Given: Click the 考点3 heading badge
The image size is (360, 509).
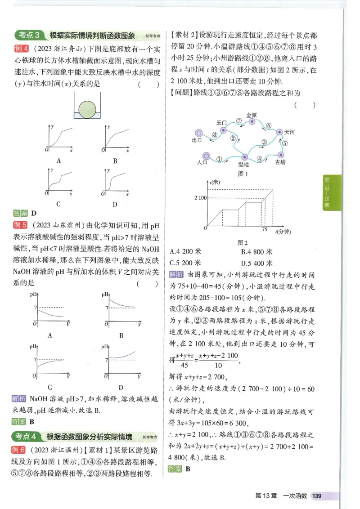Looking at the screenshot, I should click(x=28, y=36).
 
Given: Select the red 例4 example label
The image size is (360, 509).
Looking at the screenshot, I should click(x=21, y=49).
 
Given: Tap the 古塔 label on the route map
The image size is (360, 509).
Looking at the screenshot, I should click(x=280, y=162).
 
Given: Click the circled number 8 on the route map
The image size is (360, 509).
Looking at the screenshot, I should click(x=215, y=134).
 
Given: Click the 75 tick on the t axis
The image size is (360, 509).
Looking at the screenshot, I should click(x=264, y=230).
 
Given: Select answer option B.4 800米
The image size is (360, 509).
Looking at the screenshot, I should click(x=256, y=252).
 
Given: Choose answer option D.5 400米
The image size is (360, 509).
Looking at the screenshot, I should click(x=256, y=263).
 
